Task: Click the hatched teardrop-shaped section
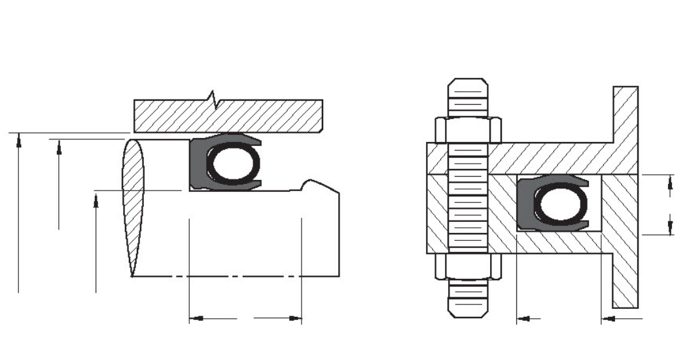pyautogui.click(x=133, y=203)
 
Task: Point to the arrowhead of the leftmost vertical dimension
pyautogui.click(x=19, y=137)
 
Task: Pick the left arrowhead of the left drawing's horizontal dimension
pyautogui.click(x=194, y=319)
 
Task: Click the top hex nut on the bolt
pyautogui.click(x=467, y=130)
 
